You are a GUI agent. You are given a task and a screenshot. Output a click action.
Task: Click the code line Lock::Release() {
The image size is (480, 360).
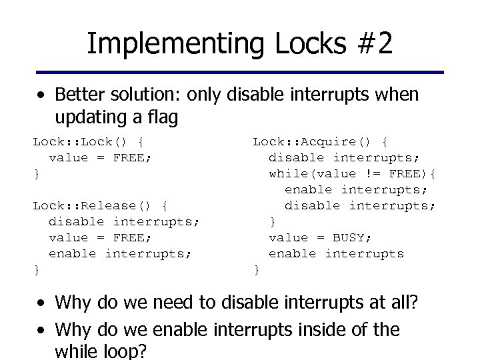[x=100, y=205]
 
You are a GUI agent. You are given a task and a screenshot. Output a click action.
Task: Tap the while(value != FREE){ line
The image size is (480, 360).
[x=353, y=173]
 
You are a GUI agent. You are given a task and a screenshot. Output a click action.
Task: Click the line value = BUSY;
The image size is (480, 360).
[x=320, y=237]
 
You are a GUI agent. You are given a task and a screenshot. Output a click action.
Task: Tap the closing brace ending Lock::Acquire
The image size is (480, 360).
[x=256, y=269]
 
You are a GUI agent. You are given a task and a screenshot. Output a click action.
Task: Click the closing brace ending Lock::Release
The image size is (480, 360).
[x=37, y=269]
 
